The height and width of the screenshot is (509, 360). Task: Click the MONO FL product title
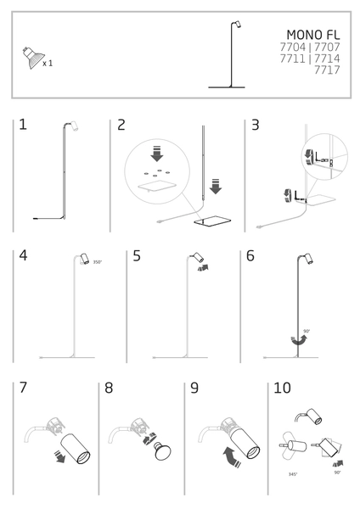313,35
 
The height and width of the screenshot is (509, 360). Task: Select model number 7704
292,47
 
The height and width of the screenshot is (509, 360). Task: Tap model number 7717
327,70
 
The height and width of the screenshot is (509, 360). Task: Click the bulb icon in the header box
33,58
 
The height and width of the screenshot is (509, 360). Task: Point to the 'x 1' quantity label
48,64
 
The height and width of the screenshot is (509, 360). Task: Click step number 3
256,125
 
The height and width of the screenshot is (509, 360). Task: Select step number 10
282,388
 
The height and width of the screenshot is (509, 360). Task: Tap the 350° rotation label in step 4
98,262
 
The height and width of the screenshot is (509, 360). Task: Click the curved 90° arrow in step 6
299,340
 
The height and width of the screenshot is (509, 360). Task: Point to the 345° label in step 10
293,474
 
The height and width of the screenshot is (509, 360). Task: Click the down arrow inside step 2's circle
157,154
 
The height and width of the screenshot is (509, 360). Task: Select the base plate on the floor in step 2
212,221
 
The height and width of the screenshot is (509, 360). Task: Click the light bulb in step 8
162,451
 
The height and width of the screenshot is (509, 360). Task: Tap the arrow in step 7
59,456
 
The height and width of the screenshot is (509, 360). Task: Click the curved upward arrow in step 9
232,456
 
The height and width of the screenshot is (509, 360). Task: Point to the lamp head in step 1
75,126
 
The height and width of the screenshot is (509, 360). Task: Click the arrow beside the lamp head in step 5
203,267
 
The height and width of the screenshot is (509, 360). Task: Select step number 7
23,388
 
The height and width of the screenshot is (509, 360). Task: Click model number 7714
327,59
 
